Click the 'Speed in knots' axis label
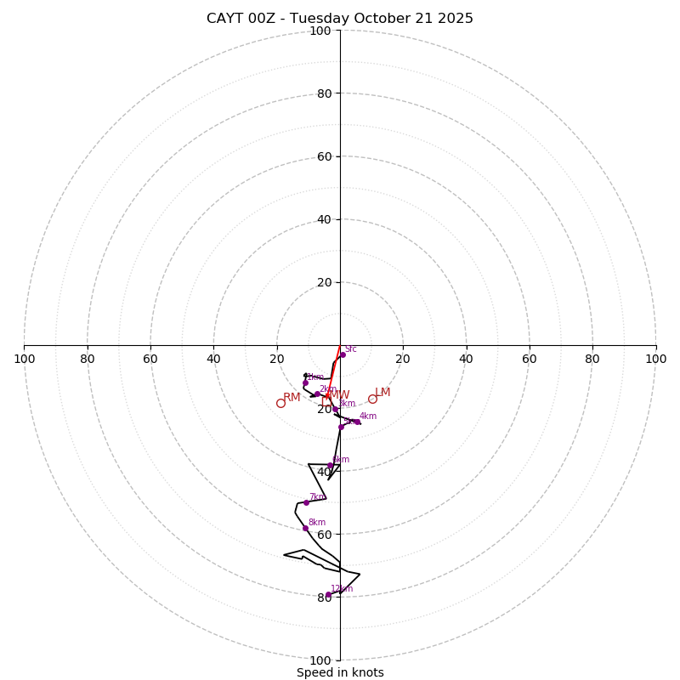340,672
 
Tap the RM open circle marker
280,403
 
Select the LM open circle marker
372,399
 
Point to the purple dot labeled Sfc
343,354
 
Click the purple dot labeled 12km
329,595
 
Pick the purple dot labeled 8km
305,528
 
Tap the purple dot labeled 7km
306,502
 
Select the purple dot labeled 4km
358,422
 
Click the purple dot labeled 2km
317,394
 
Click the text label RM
292,397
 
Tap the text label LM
382,392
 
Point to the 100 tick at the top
320,31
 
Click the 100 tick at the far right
655,359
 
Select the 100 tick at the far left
25,359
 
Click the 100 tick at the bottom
320,660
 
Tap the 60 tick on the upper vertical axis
324,156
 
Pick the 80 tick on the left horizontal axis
88,359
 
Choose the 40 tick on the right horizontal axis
466,359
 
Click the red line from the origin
334,371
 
